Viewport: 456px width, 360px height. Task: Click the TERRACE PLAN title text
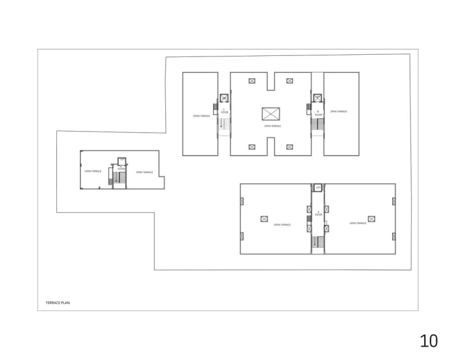[x=57, y=303]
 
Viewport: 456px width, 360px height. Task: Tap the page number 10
[x=429, y=341]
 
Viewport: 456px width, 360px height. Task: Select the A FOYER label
[x=318, y=214]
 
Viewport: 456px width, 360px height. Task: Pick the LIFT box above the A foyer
[x=318, y=187]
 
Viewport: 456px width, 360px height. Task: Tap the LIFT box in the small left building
[x=121, y=160]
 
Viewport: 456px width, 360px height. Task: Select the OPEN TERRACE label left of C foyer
[x=201, y=116]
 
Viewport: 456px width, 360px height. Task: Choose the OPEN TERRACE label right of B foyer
[x=339, y=112]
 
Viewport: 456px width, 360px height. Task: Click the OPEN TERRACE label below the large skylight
[x=272, y=126]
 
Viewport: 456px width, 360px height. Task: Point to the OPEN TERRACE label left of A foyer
[x=282, y=225]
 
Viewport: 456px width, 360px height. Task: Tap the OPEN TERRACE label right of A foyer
[x=357, y=223]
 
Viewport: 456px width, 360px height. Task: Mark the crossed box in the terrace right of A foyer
[x=372, y=219]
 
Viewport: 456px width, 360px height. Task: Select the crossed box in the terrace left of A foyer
[x=264, y=219]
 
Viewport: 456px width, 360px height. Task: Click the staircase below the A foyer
[x=318, y=242]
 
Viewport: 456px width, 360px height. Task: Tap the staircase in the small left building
[x=119, y=179]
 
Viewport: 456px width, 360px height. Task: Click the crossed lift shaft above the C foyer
[x=223, y=98]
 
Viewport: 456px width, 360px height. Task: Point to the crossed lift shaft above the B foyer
[x=318, y=98]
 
